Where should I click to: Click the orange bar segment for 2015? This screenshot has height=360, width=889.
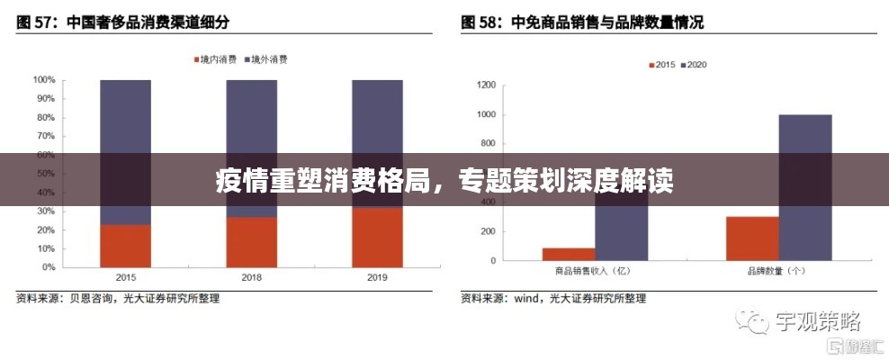click(125, 246)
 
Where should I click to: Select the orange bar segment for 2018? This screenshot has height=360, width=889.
click(251, 241)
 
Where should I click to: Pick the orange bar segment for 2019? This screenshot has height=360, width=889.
click(377, 238)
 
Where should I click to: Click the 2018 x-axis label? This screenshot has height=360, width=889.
click(251, 277)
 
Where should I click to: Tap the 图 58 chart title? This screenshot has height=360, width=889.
click(583, 22)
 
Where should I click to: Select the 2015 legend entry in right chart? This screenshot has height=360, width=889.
click(663, 65)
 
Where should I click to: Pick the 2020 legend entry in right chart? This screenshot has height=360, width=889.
click(696, 65)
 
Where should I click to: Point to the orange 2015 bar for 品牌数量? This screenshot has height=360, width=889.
click(752, 238)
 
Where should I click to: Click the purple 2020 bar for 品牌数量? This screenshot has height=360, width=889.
click(805, 187)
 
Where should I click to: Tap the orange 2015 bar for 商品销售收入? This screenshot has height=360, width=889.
click(568, 254)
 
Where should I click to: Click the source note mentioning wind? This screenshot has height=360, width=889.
click(552, 298)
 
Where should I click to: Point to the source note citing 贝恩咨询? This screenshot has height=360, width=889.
click(117, 298)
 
